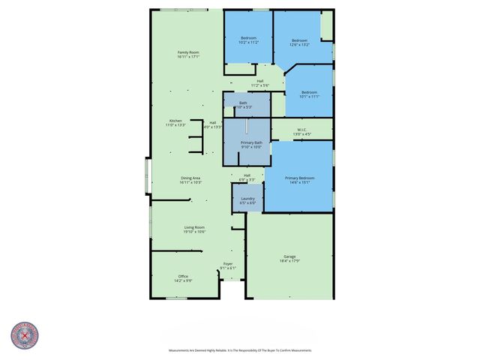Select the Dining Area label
[x=190, y=179]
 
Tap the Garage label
[x=289, y=257]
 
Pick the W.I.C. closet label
[x=301, y=131]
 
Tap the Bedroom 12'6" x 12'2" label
[x=299, y=42]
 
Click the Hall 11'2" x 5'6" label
[x=259, y=82]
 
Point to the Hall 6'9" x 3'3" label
[x=247, y=178]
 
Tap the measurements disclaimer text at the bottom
[x=239, y=350]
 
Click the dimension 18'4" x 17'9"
[x=289, y=261]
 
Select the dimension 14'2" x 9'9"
[x=183, y=281]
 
